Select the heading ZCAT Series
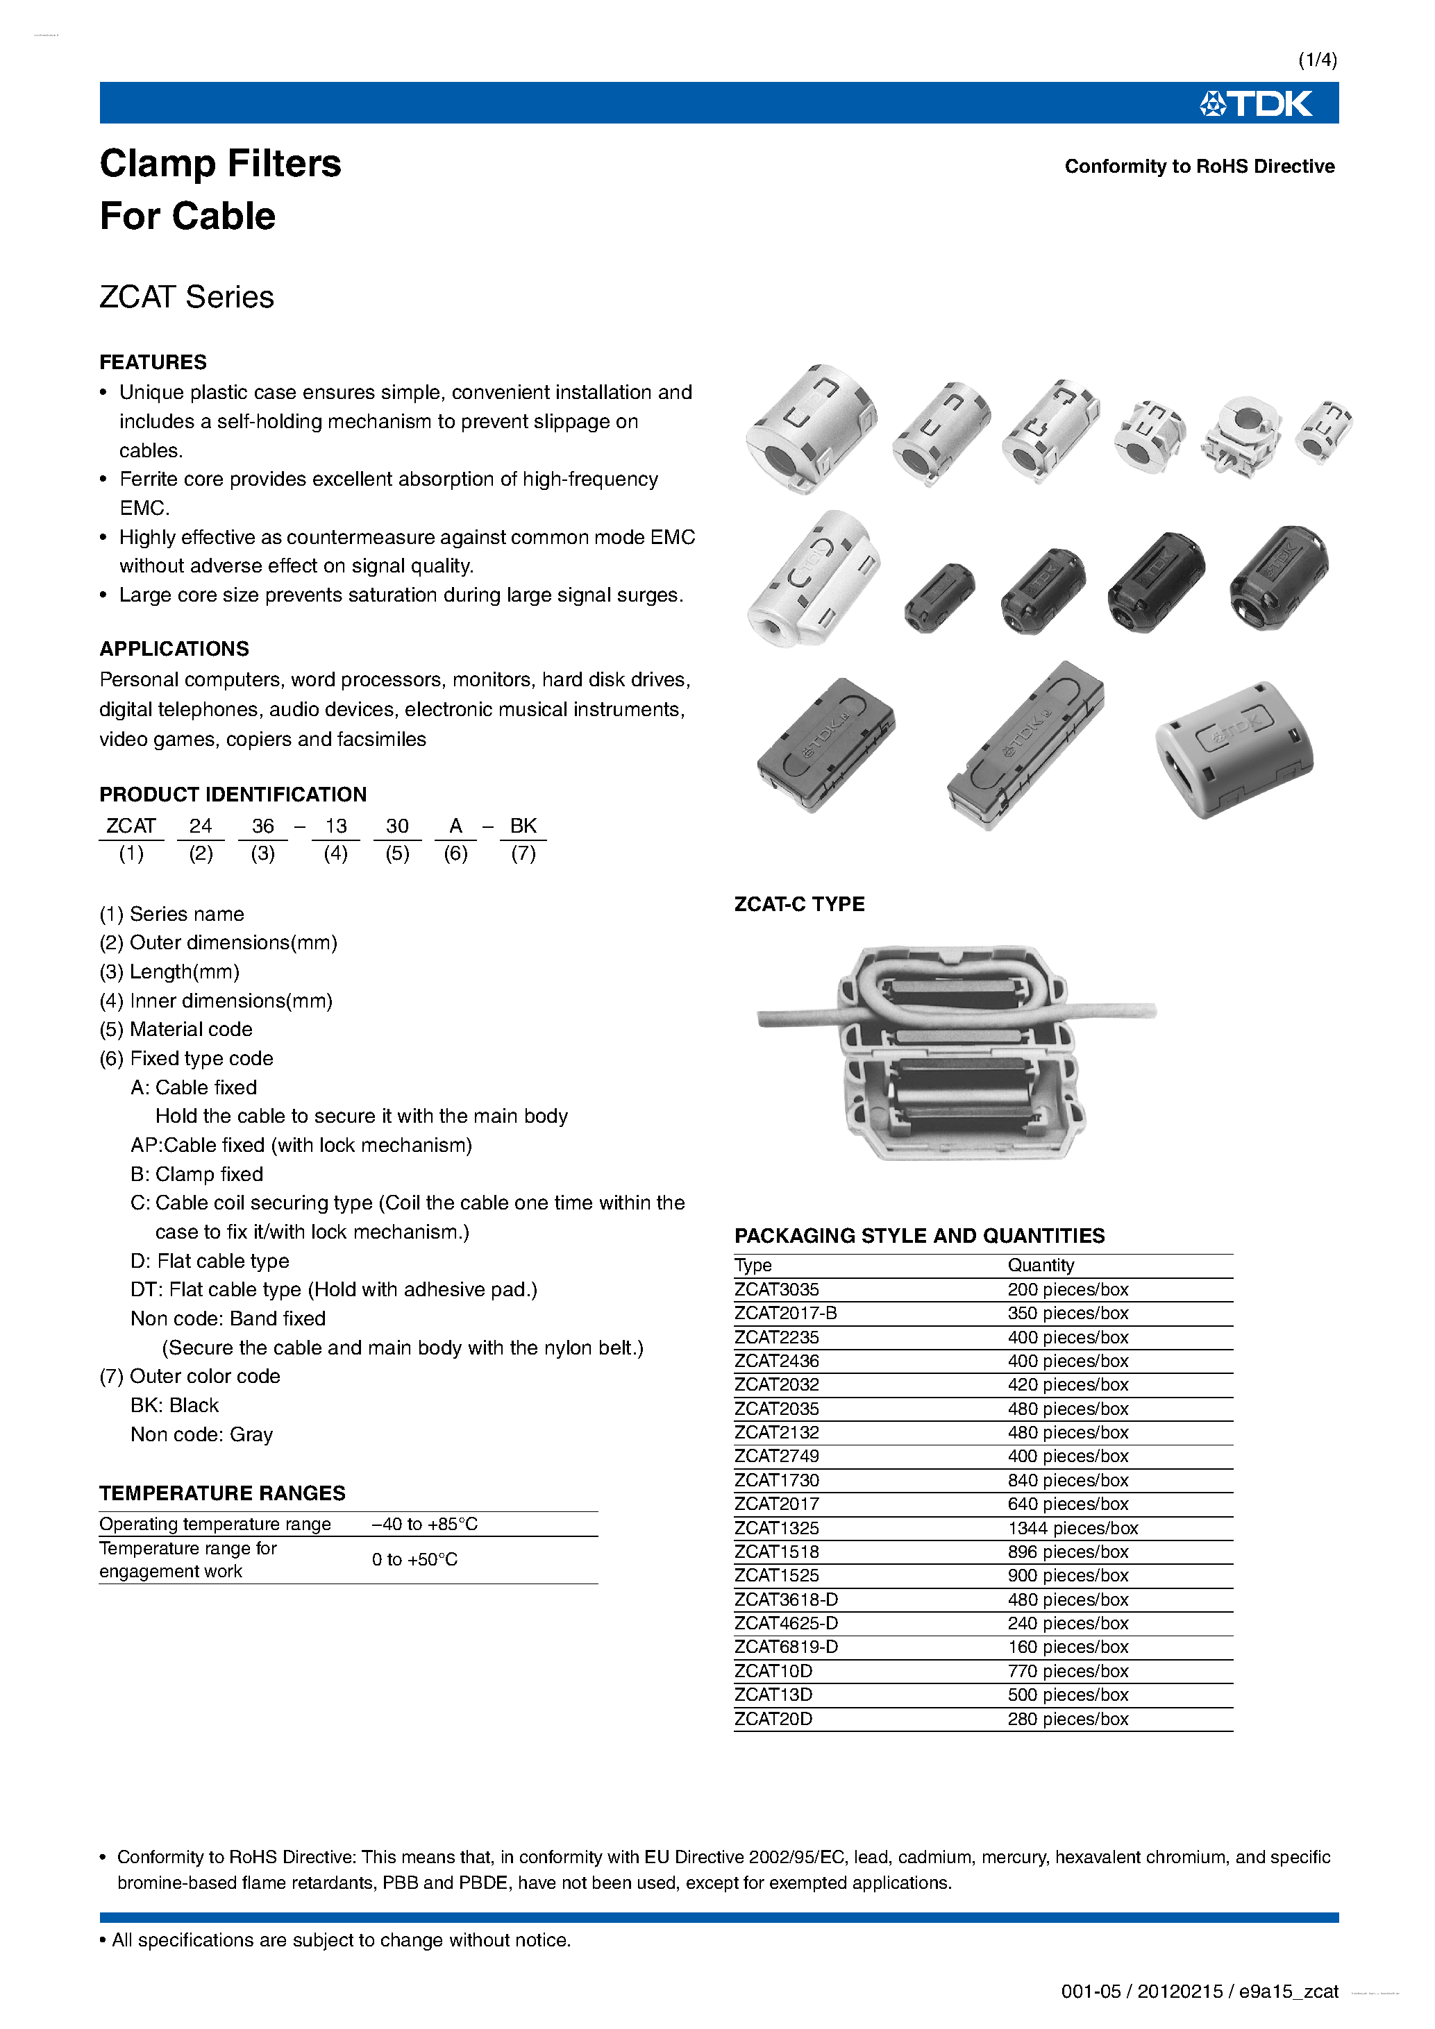(187, 297)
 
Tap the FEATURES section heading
(153, 362)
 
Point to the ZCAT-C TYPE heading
(799, 904)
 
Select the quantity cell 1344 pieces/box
(1073, 1528)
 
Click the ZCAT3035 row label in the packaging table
(776, 1289)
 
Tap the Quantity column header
(1041, 1266)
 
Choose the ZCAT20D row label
(773, 1719)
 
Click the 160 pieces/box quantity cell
(1067, 1647)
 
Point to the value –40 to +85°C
(424, 1525)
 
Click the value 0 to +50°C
(414, 1560)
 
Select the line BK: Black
(174, 1405)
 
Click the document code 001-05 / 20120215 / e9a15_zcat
(1199, 1991)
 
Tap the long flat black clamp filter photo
(1025, 747)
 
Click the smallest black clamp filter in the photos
(939, 597)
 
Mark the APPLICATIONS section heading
(174, 649)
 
